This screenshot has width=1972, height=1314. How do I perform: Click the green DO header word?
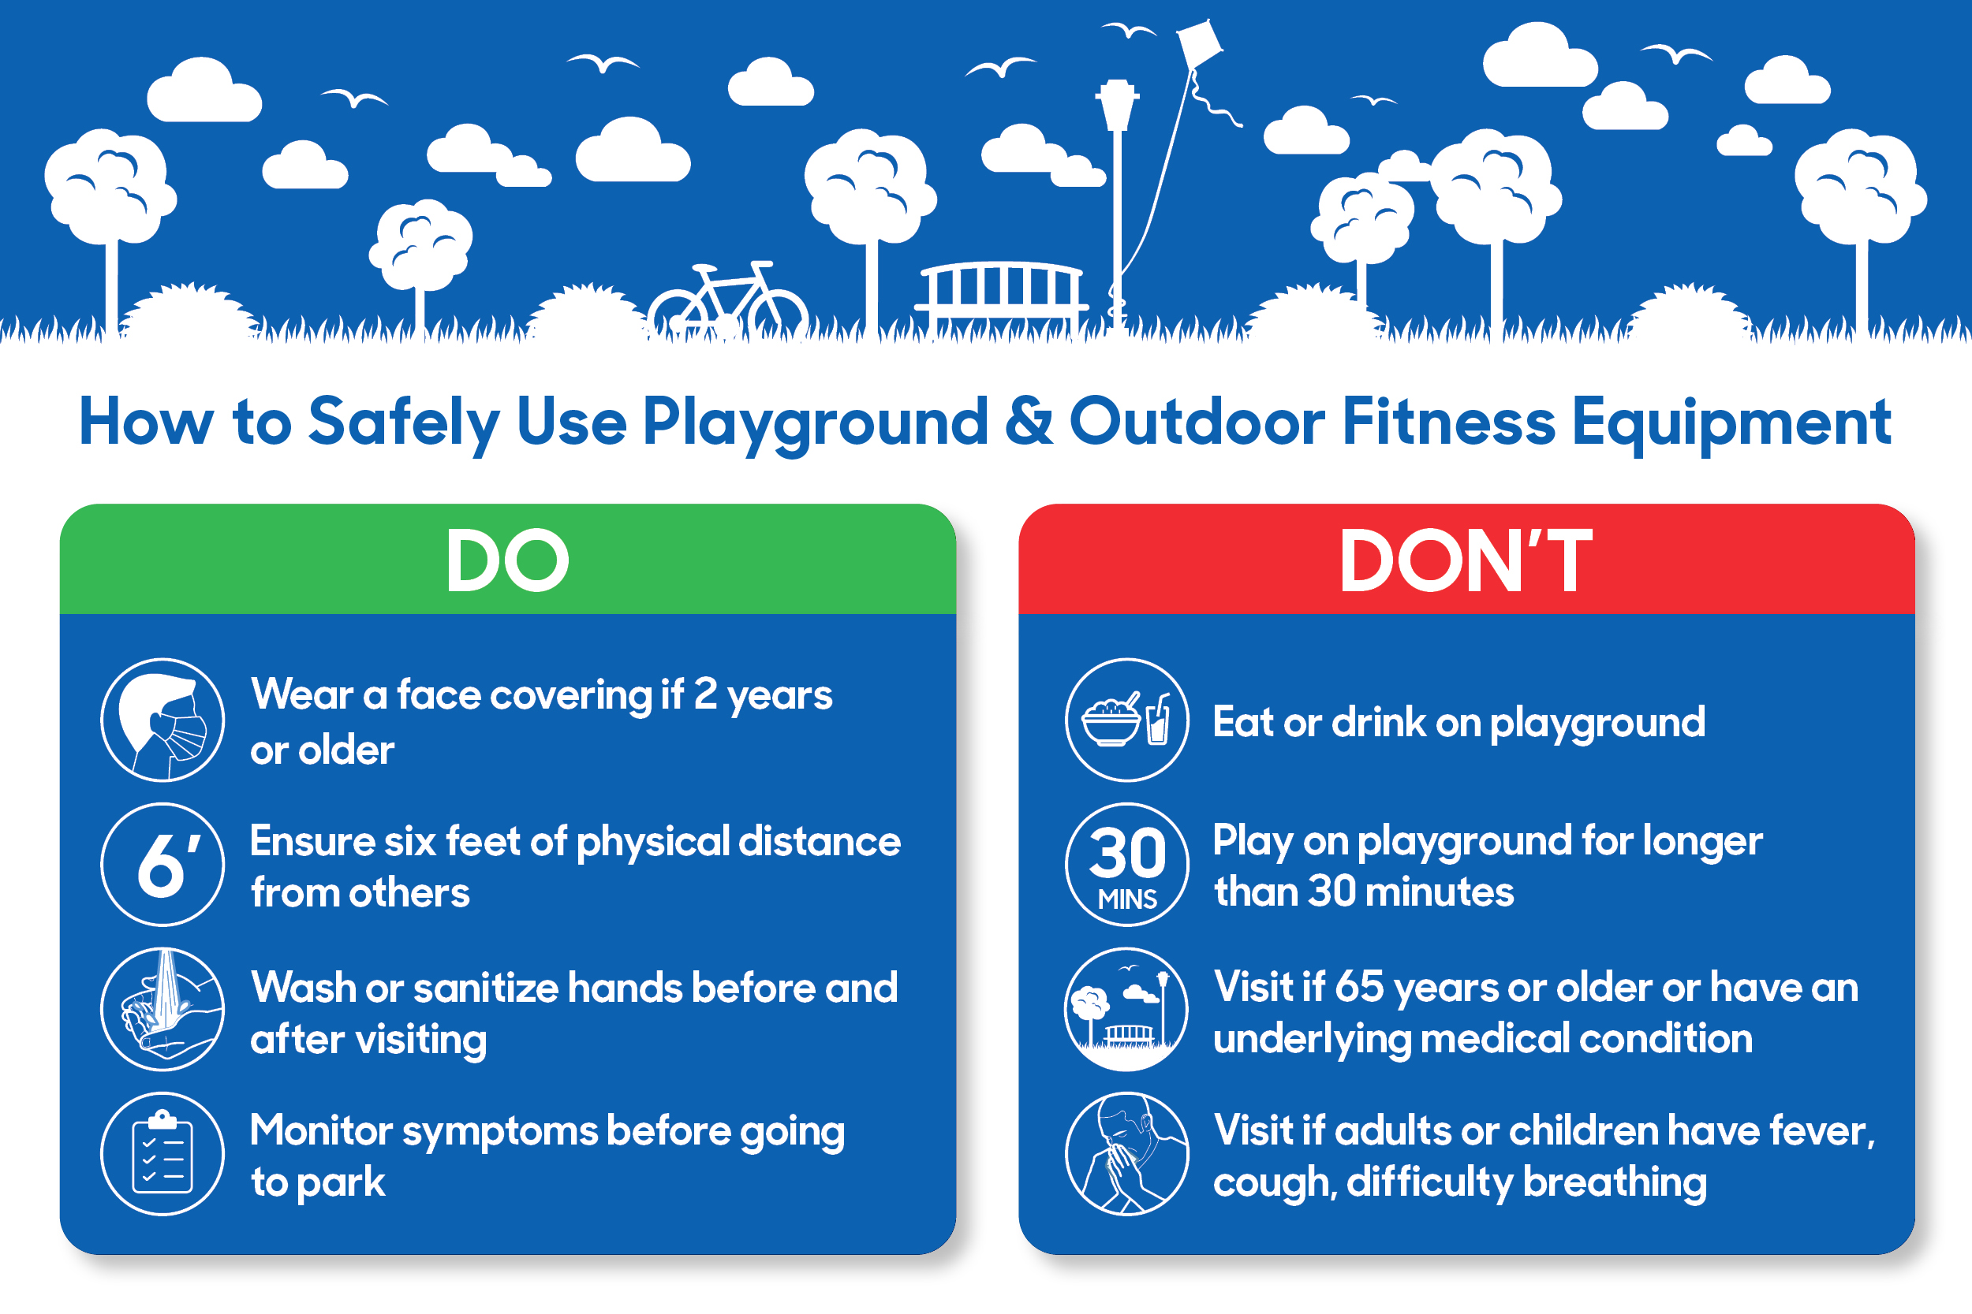point(507,560)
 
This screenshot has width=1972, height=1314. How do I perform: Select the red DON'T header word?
point(1466,560)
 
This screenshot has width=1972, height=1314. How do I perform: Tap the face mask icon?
point(162,720)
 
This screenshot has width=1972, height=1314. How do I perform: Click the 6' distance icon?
point(162,864)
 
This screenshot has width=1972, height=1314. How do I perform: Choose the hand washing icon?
point(162,1009)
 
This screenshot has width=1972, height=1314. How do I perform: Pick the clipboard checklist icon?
point(162,1153)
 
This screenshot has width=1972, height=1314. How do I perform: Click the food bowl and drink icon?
point(1127,720)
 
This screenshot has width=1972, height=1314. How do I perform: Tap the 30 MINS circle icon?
point(1127,864)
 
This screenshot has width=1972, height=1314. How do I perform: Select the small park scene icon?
point(1127,1009)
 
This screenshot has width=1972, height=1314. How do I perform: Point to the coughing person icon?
point(1127,1153)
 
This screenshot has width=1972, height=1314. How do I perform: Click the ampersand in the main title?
point(1029,421)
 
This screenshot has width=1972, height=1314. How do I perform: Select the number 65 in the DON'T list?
point(1359,986)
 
